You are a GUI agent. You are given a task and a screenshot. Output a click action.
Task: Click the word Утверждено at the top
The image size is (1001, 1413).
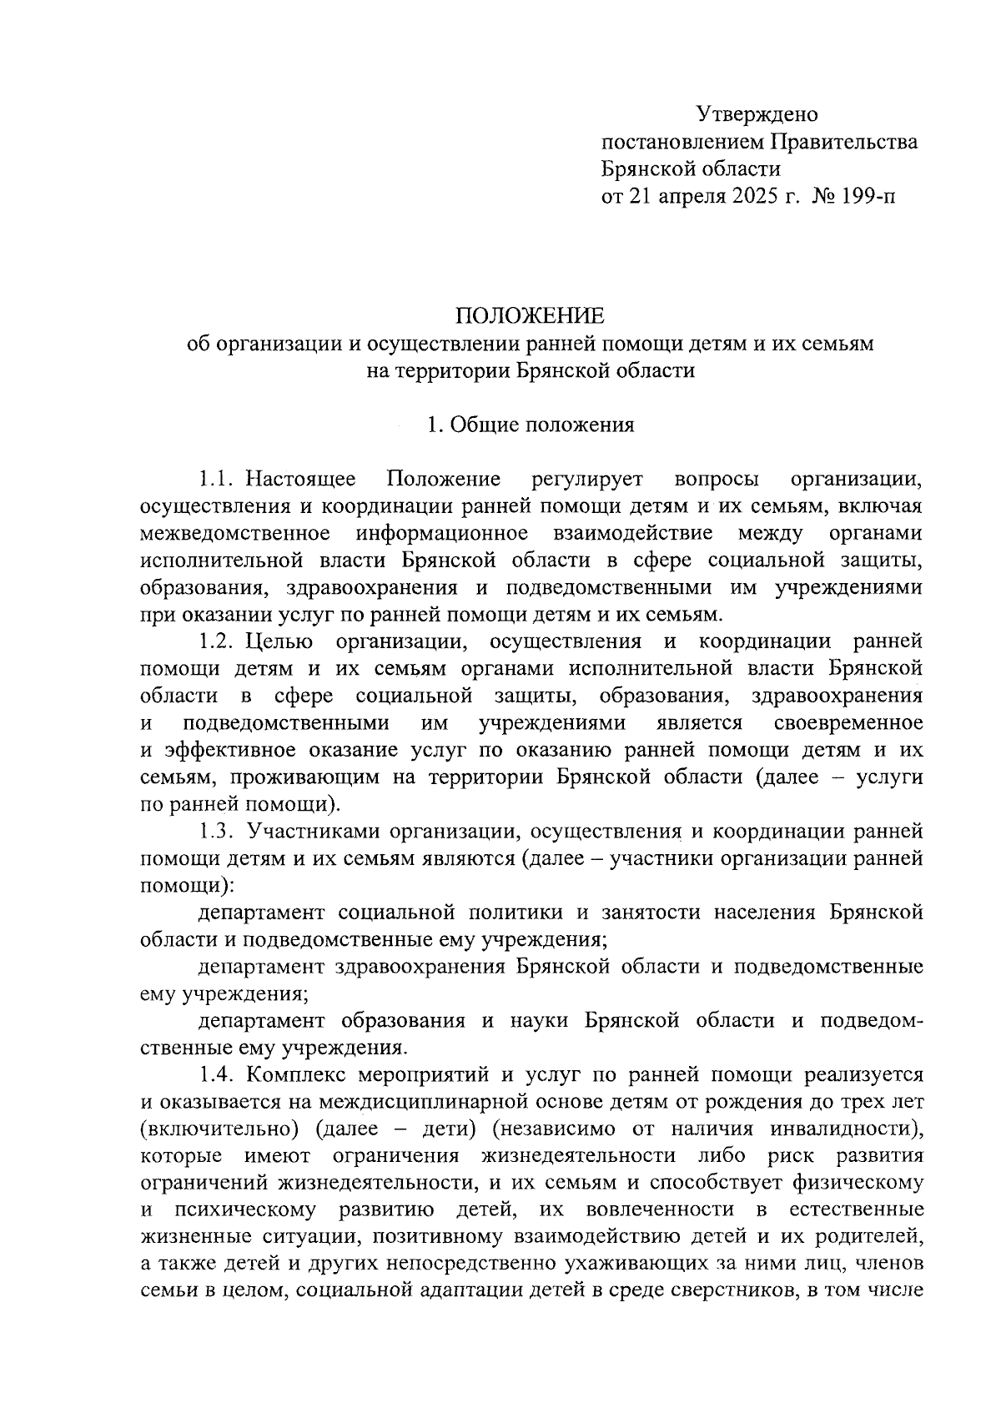(x=757, y=114)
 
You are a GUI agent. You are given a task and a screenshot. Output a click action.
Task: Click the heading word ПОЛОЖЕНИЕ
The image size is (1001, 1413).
(x=530, y=316)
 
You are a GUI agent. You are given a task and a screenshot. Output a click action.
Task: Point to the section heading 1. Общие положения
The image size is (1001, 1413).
(x=530, y=425)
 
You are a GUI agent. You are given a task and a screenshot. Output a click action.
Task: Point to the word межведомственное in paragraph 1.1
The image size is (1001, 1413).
(x=238, y=533)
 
